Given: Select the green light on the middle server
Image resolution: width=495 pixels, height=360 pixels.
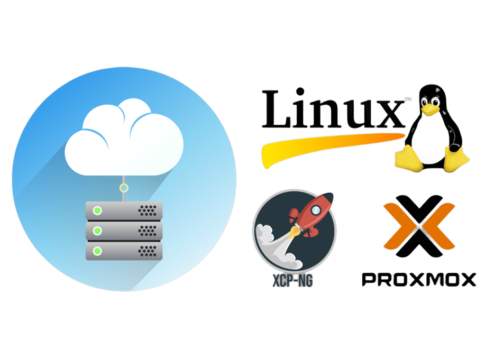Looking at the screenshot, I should (97, 230).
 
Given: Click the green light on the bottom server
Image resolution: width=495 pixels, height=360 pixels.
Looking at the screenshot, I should (97, 250).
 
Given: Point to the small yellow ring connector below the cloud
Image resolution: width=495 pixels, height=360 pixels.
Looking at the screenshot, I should (124, 188).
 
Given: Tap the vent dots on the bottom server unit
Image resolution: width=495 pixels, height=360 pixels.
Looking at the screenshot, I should (148, 250).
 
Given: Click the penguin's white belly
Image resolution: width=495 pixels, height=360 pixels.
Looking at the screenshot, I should (431, 137).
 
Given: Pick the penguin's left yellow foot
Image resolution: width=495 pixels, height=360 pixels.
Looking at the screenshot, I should (408, 157).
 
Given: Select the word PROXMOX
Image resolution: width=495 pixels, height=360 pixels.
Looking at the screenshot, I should (419, 279).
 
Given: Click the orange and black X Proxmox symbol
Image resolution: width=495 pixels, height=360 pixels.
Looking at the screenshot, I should (419, 224).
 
